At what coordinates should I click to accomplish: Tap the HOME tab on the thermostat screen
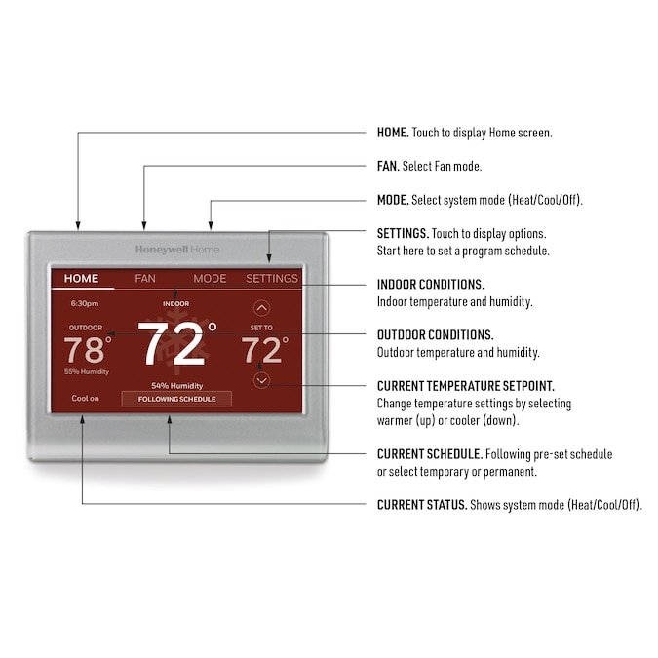tap(82, 278)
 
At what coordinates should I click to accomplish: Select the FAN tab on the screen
tap(145, 278)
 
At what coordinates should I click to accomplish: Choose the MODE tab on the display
tap(210, 278)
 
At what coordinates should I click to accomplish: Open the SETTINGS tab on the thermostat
tap(272, 278)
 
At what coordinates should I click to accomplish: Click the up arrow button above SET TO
tap(262, 308)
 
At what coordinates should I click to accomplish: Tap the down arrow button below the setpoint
tap(262, 380)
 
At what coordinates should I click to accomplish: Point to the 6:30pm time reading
tap(85, 303)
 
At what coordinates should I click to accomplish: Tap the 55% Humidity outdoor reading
tap(87, 371)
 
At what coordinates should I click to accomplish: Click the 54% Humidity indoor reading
tap(177, 386)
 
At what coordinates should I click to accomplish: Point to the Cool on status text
tap(85, 399)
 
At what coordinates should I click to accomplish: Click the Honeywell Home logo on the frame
tap(177, 250)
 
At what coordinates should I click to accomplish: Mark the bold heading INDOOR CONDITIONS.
tap(431, 284)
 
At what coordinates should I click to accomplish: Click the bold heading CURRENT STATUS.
tap(422, 504)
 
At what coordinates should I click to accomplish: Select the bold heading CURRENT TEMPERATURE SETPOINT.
tap(466, 386)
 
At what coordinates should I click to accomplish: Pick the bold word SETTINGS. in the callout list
tap(403, 233)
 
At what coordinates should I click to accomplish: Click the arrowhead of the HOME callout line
tap(78, 226)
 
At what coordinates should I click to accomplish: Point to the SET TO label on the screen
tap(261, 328)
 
